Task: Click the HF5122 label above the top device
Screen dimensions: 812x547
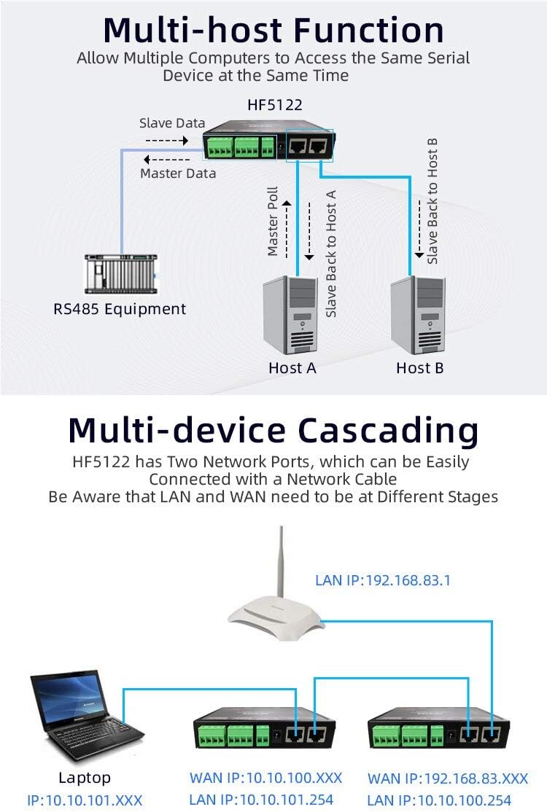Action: [x=275, y=105]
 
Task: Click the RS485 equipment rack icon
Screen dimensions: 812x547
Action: [x=120, y=273]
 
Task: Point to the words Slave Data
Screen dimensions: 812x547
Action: [x=172, y=123]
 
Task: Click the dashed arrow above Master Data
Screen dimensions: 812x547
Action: [x=166, y=160]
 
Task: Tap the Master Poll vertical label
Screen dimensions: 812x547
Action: [x=273, y=222]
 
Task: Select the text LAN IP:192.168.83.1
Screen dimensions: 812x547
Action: [x=383, y=581]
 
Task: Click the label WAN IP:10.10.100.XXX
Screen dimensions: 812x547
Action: [x=265, y=778]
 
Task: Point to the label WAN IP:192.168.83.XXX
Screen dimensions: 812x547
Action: [x=447, y=778]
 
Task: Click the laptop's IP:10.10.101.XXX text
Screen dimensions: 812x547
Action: [x=85, y=800]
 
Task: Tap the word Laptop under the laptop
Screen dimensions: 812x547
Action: [x=85, y=778]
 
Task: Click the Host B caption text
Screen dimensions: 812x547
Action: [x=419, y=368]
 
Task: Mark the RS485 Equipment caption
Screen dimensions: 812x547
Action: [x=120, y=308]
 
